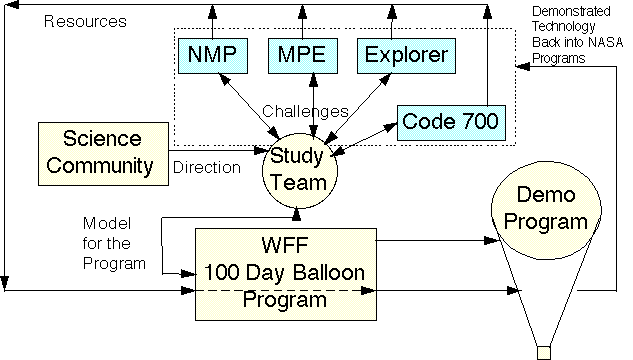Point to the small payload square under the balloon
coord(544,351)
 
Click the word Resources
coord(85,20)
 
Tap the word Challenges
coord(305,111)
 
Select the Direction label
coord(207,168)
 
